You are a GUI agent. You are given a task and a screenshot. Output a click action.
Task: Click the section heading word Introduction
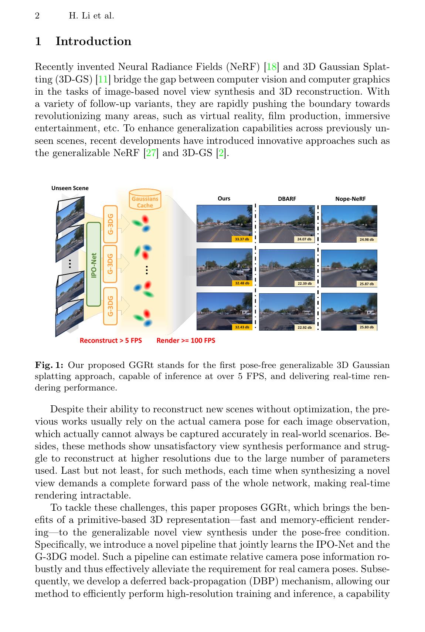pyautogui.click(x=93, y=41)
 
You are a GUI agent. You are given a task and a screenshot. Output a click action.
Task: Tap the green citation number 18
pyautogui.click(x=271, y=67)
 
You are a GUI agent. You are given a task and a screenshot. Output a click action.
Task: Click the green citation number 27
pyautogui.click(x=151, y=153)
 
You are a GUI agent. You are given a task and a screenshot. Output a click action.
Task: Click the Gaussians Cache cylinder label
pyautogui.click(x=145, y=202)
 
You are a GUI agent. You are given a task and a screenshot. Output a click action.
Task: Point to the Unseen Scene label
pyautogui.click(x=70, y=188)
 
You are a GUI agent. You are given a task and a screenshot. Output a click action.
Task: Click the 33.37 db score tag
pyautogui.click(x=242, y=239)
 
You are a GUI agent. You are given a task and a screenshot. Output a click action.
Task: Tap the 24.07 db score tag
pyautogui.click(x=304, y=239)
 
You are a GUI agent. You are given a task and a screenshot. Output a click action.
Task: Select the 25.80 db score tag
pyautogui.click(x=367, y=327)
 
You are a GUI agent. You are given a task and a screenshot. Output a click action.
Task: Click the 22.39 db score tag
pyautogui.click(x=305, y=284)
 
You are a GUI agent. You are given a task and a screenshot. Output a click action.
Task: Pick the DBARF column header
pyautogui.click(x=287, y=199)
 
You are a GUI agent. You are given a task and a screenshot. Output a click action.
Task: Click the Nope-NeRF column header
pyautogui.click(x=350, y=199)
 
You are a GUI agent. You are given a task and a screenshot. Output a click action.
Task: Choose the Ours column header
pyautogui.click(x=224, y=199)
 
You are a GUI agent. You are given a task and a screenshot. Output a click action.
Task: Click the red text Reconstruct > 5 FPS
pyautogui.click(x=110, y=341)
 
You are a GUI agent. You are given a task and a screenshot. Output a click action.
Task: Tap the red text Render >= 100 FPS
pyautogui.click(x=186, y=341)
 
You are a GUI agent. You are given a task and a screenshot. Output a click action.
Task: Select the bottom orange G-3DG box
pyautogui.click(x=110, y=306)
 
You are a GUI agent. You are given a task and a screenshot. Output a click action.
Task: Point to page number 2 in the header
pyautogui.click(x=37, y=16)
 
